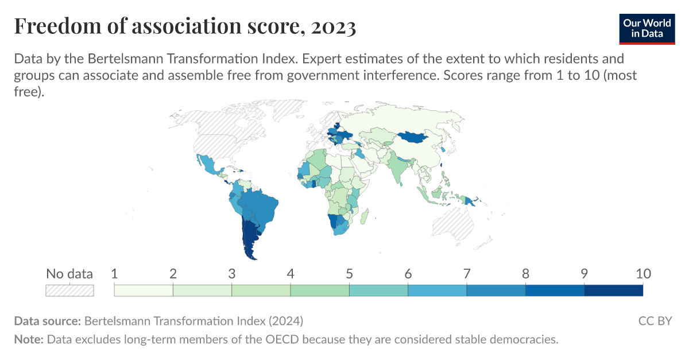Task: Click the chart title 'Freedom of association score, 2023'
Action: point(185,26)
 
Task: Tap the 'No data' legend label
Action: point(69,274)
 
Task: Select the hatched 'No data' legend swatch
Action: point(69,290)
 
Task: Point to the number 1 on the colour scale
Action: point(114,274)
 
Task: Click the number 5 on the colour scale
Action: point(349,274)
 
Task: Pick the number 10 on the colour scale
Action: point(642,274)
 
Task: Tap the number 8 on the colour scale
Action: point(525,274)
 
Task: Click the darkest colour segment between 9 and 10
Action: point(613,290)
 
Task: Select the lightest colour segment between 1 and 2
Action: point(144,290)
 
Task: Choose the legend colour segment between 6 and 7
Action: point(437,290)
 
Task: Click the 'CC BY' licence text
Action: point(655,320)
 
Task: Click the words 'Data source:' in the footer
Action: point(48,320)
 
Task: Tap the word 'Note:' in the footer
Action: point(29,339)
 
